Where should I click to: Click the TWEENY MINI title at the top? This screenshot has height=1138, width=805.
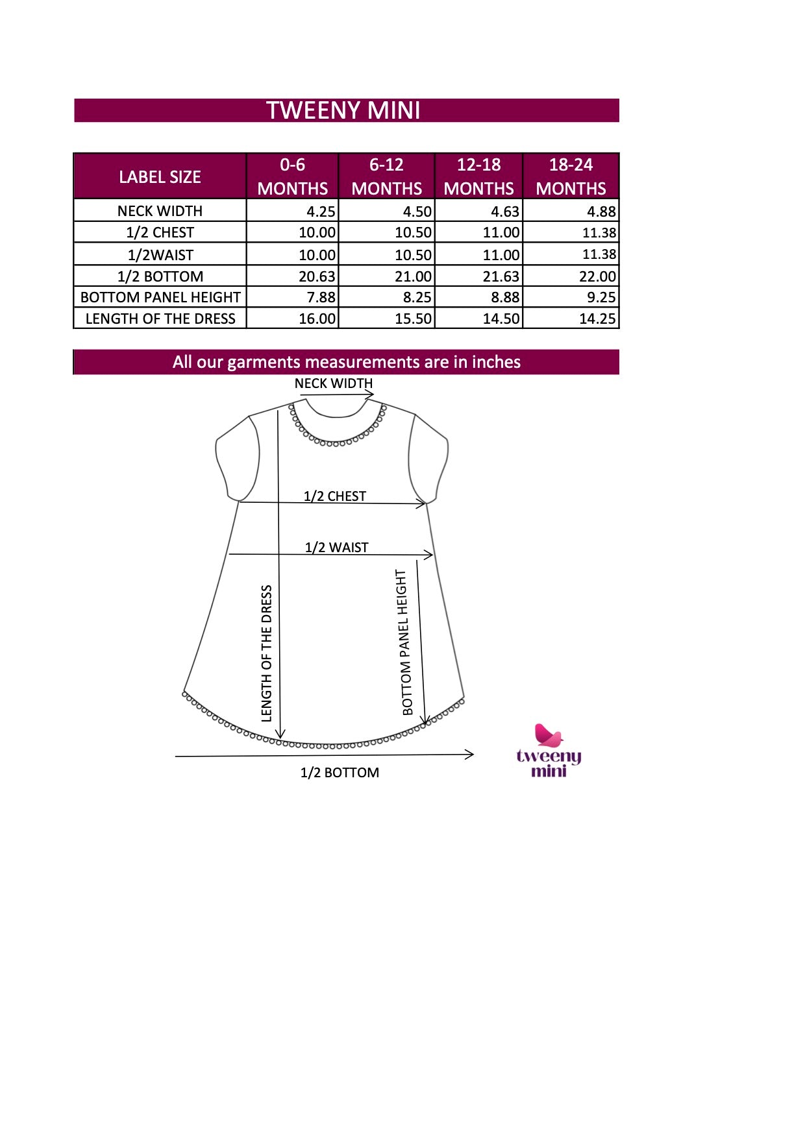pos(343,110)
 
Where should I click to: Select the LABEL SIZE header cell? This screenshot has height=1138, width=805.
pos(160,176)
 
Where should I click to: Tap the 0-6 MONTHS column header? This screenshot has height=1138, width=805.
pos(292,176)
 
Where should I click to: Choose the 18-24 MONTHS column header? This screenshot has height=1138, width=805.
pos(571,176)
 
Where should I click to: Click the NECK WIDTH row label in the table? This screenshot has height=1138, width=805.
pos(160,211)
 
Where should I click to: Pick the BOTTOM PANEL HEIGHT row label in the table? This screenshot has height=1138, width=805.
pos(160,297)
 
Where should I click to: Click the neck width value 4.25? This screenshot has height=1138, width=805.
pos(321,212)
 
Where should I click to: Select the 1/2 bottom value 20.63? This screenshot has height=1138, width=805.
pos(317,276)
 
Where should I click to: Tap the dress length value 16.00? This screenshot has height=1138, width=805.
pos(317,319)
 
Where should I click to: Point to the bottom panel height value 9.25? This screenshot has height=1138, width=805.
pos(601,297)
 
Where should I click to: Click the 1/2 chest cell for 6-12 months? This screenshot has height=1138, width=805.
pos(413,232)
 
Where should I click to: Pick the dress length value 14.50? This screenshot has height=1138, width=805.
pos(501,319)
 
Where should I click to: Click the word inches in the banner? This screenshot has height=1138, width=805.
pos(496,362)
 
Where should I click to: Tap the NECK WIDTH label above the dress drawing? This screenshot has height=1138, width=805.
pos(334,383)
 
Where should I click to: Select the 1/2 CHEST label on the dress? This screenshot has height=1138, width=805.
pos(335,496)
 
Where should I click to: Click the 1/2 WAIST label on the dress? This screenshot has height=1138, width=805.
pos(336,548)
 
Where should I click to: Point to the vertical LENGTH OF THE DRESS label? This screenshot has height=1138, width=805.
pos(266,653)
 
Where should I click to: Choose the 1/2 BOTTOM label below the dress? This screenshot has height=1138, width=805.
pos(340,773)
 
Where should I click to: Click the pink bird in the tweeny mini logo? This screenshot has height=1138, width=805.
pos(548,735)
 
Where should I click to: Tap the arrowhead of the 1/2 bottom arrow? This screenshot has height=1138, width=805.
pos(470,754)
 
